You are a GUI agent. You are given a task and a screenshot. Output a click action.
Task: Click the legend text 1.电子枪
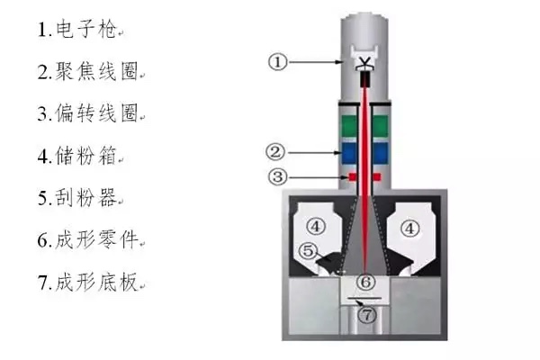(x=76, y=30)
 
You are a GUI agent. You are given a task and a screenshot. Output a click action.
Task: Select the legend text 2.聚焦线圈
(x=87, y=72)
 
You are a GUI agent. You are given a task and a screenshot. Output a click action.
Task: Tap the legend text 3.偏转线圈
(x=87, y=113)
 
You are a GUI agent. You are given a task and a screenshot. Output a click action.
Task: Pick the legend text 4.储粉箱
(x=76, y=156)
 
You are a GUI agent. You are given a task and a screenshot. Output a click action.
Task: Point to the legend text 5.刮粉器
(x=76, y=197)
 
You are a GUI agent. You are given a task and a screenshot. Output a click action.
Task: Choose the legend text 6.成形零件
(x=87, y=239)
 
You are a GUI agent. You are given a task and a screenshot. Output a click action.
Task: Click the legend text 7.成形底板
(x=87, y=282)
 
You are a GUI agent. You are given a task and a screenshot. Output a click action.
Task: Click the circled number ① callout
(x=277, y=62)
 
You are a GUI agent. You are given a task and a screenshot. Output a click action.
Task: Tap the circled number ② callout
(x=275, y=152)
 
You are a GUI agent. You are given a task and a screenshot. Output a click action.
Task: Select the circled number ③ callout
(x=277, y=176)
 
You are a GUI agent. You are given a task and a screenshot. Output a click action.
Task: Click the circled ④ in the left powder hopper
(x=316, y=226)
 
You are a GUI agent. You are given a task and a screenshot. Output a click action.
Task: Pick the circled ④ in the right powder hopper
(x=409, y=228)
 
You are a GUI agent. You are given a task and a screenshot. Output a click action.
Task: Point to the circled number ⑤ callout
(x=308, y=251)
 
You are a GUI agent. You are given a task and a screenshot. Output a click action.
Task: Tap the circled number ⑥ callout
(x=365, y=282)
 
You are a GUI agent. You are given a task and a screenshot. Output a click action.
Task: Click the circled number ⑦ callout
(x=367, y=314)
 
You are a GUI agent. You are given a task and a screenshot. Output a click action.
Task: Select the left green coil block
(x=349, y=126)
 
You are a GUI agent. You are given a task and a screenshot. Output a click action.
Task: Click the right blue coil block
(x=381, y=153)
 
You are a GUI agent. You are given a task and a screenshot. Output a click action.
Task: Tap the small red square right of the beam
(x=377, y=177)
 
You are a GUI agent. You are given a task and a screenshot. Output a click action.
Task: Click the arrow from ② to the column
(x=314, y=152)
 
